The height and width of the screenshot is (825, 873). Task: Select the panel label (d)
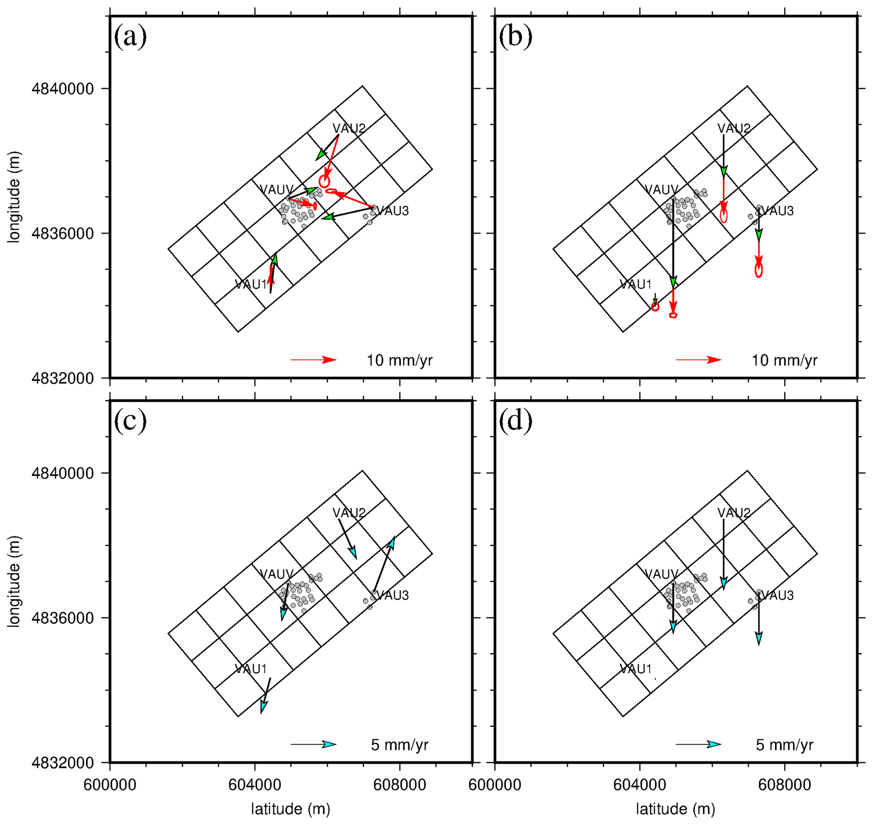click(515, 421)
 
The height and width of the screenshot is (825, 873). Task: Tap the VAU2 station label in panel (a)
click(349, 128)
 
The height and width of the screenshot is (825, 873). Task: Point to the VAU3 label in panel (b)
click(778, 211)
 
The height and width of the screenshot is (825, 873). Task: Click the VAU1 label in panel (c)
click(251, 669)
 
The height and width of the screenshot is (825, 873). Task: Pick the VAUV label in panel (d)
click(661, 574)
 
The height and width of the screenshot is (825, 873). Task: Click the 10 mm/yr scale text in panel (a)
click(400, 361)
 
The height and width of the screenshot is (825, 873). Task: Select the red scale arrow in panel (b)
click(698, 360)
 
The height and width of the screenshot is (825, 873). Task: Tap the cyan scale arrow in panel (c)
click(314, 744)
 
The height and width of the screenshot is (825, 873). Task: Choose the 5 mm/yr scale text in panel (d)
click(785, 745)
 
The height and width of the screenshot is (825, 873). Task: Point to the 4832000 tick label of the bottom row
click(63, 763)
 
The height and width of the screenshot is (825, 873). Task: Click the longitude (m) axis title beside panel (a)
click(14, 197)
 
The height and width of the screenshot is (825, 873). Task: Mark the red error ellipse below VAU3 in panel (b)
click(759, 270)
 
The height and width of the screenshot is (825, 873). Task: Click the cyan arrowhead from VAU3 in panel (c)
click(391, 544)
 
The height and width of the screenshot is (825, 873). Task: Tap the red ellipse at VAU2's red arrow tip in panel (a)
click(324, 181)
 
